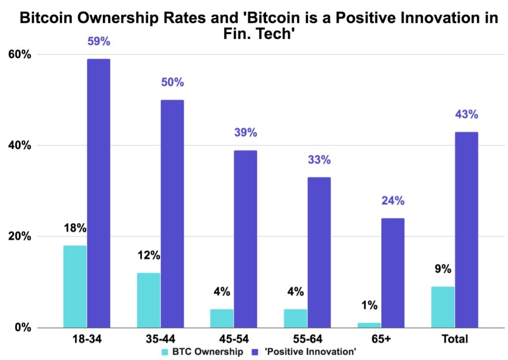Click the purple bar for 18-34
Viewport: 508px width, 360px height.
[x=98, y=193]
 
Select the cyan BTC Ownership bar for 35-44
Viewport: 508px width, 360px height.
[x=149, y=300]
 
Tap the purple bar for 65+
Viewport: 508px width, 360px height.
[x=393, y=273]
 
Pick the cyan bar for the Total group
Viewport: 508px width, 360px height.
[x=443, y=307]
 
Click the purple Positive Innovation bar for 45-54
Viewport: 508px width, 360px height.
[x=245, y=239]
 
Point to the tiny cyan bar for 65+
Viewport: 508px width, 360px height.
[x=369, y=325]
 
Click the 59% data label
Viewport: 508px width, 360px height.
[x=99, y=41]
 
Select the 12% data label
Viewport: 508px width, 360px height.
[x=149, y=255]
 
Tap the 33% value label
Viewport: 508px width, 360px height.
[x=319, y=159]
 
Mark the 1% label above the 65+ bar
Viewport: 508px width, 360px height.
[x=369, y=305]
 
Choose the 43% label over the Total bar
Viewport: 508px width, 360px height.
[x=467, y=114]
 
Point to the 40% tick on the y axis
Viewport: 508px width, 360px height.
[x=19, y=145]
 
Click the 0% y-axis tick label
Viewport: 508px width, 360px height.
[x=22, y=327]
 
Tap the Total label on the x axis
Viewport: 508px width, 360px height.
[x=454, y=339]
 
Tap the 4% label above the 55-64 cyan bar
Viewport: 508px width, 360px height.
[x=296, y=292]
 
